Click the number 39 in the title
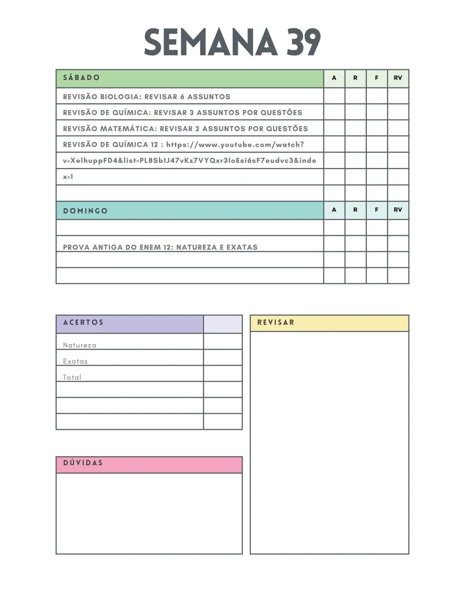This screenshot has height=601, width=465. [304, 42]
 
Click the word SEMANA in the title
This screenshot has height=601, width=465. [210, 42]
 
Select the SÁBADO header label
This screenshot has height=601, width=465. [81, 78]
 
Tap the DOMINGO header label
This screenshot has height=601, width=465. [85, 211]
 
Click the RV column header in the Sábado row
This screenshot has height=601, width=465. [398, 78]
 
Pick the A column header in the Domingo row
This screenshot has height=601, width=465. [334, 210]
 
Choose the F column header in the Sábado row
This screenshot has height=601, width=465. [377, 78]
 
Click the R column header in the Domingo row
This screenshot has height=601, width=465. [355, 210]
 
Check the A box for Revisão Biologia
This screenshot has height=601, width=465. [334, 96]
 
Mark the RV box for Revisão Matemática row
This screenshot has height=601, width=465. [398, 128]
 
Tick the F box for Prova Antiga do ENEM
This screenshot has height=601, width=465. [377, 243]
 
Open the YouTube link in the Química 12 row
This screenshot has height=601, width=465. [235, 145]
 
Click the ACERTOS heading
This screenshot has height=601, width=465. [83, 323]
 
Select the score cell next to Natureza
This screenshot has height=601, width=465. [223, 342]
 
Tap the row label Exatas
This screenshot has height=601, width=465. [75, 361]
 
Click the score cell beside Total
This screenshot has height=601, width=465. [223, 373]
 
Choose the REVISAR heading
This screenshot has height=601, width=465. [276, 323]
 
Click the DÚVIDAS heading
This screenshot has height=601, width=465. [83, 463]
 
